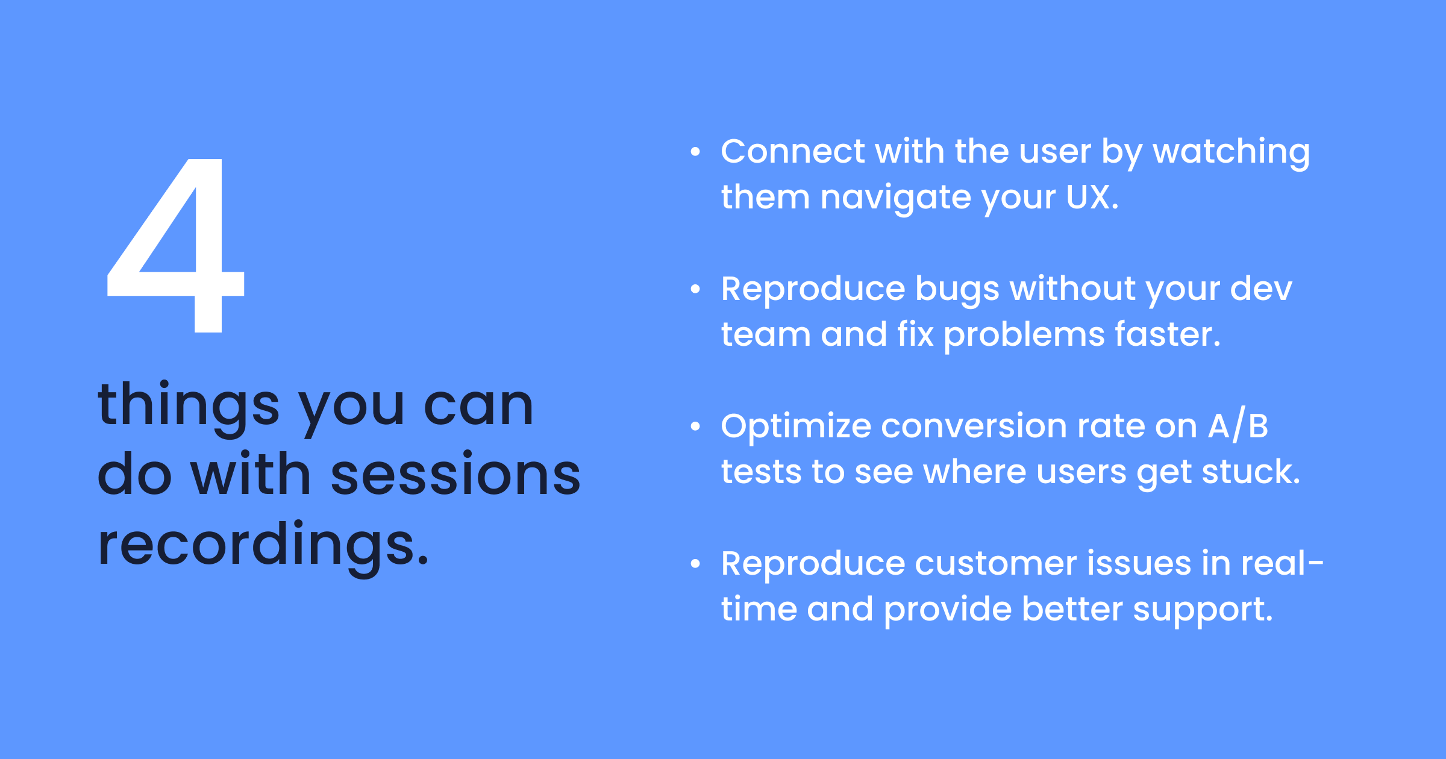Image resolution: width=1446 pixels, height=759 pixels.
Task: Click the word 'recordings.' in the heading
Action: tap(263, 546)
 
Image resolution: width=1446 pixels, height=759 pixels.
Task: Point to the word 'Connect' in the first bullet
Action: tap(792, 151)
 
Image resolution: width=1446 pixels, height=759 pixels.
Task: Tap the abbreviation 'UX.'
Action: tap(1092, 197)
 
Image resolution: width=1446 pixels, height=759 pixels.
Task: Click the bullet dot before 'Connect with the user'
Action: tap(695, 152)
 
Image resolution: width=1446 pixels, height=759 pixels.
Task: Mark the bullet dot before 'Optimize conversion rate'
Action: tap(695, 426)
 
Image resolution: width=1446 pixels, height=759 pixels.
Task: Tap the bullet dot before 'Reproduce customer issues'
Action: tap(695, 564)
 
